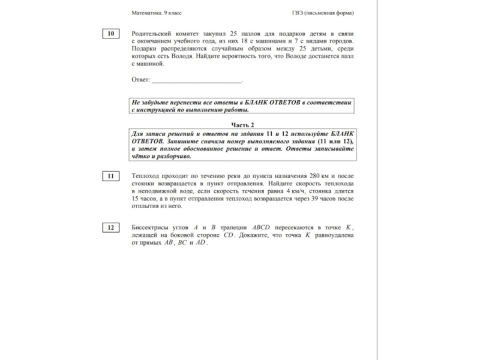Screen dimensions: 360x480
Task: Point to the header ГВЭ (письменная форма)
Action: coord(323,13)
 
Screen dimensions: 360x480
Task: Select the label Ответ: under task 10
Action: coord(140,79)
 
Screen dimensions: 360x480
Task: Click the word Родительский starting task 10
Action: coord(155,34)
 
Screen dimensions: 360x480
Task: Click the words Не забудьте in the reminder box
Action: coord(149,103)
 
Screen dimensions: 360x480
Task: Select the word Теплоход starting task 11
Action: coord(146,176)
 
